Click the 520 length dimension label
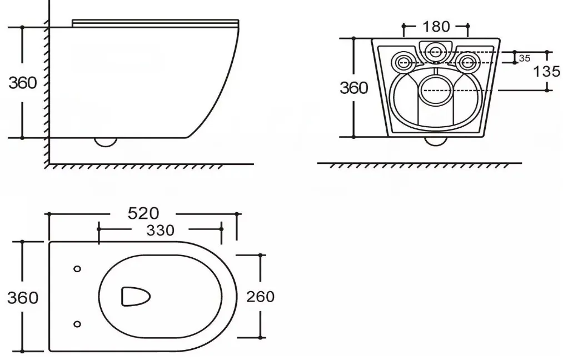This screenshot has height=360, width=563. [143, 213]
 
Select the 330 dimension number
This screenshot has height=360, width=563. [160, 230]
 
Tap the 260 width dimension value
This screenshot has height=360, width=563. [260, 297]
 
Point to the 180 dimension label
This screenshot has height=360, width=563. [436, 27]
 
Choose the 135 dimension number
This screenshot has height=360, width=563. [546, 72]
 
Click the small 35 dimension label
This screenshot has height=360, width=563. [525, 58]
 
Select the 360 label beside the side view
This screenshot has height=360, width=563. [23, 83]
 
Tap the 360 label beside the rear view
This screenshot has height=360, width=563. [353, 88]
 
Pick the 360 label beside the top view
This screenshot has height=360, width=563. [23, 298]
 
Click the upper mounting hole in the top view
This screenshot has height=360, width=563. [77, 269]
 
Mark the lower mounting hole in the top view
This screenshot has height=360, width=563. [77, 324]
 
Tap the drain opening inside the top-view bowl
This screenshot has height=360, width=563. [136, 297]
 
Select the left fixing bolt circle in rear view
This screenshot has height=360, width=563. [404, 62]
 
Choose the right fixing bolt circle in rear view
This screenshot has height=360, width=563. [467, 62]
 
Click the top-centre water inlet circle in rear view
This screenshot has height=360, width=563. [436, 51]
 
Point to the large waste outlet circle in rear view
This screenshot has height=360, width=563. [436, 91]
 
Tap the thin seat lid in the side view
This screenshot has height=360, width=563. [156, 23]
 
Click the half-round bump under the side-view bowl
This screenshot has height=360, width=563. [106, 142]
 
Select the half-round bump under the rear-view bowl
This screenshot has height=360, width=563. [436, 141]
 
